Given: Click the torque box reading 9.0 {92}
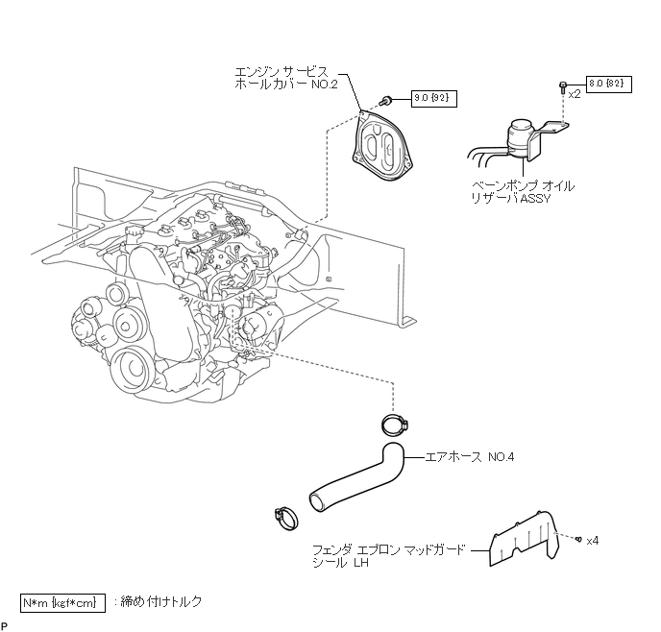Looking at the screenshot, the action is pos(434,99).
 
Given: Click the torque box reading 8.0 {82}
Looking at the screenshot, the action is pos(609,84).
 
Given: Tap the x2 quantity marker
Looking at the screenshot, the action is pos(575,94).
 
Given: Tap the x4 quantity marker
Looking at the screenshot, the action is pos(592,541).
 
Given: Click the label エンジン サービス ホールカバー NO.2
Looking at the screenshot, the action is pos(286,78).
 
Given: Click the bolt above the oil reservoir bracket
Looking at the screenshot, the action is pos(563,86).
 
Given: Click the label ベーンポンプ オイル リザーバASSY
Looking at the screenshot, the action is pos(523,192).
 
